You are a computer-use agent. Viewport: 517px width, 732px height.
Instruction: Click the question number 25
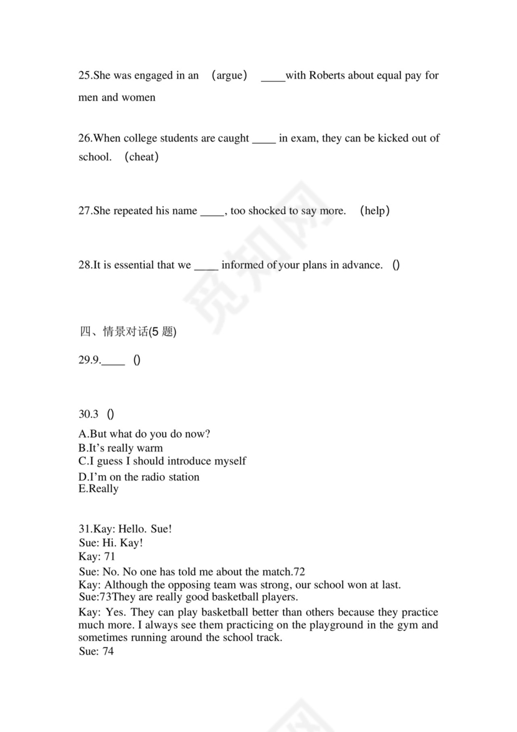(x=85, y=75)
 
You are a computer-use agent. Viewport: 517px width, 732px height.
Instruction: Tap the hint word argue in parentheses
(x=229, y=75)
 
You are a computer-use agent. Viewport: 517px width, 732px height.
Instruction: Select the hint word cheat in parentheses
(x=141, y=157)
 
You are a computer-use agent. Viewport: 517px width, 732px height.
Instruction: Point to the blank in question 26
(x=263, y=139)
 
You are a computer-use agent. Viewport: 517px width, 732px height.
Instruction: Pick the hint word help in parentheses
(x=375, y=211)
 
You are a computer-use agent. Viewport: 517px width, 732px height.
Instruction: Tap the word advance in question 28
(x=361, y=265)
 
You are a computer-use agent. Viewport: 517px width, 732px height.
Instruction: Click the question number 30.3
(x=88, y=414)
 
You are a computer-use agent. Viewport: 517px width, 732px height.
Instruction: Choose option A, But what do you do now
(x=144, y=434)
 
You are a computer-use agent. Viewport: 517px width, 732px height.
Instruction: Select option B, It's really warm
(x=120, y=448)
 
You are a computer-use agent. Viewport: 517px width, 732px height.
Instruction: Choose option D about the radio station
(x=139, y=477)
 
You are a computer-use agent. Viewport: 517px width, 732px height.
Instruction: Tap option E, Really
(x=98, y=489)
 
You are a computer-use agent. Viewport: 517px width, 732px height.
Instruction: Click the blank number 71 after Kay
(x=109, y=557)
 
